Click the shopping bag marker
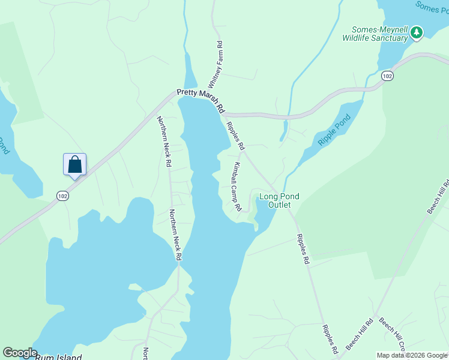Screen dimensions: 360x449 (x=75, y=164)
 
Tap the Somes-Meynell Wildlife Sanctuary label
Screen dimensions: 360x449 (x=375, y=34)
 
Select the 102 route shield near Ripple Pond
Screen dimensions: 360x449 (x=387, y=76)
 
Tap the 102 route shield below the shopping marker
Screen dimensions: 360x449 (x=62, y=196)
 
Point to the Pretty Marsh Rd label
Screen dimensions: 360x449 (x=200, y=101)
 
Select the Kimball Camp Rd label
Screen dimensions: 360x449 (x=237, y=186)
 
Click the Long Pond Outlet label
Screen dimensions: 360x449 (x=279, y=200)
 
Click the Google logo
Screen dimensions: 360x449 (x=19, y=353)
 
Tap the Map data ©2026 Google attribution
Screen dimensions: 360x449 (x=412, y=355)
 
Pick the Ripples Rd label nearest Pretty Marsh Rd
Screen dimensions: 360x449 (x=235, y=136)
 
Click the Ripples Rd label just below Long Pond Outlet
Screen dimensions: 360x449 (x=301, y=249)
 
